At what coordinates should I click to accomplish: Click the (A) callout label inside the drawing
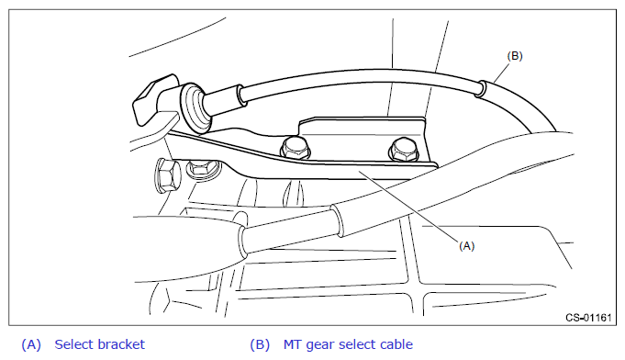tap(466, 246)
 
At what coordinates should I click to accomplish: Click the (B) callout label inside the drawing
tap(515, 56)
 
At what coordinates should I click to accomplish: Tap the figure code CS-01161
tap(588, 318)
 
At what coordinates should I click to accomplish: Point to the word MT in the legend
tap(292, 344)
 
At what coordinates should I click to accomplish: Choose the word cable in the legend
tap(396, 344)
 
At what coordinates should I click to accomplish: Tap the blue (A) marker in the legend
tap(31, 344)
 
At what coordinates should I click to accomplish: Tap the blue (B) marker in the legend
tap(260, 344)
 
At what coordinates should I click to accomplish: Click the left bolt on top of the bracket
tap(295, 148)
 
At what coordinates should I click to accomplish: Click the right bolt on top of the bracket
tap(404, 150)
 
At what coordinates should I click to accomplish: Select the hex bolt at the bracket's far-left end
tap(167, 175)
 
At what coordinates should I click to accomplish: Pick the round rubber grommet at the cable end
tap(195, 107)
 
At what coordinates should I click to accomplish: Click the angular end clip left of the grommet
tap(153, 100)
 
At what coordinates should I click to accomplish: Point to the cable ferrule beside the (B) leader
tap(480, 89)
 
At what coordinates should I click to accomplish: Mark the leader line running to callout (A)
tap(408, 207)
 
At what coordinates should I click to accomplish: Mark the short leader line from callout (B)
tap(502, 73)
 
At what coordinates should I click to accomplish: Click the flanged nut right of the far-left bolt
tap(203, 168)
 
